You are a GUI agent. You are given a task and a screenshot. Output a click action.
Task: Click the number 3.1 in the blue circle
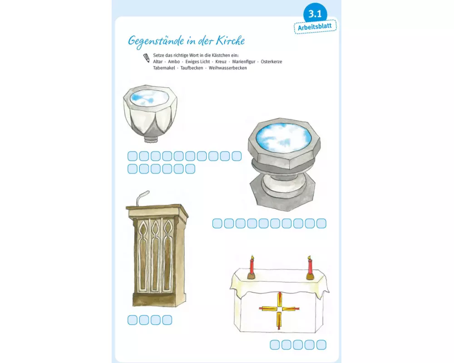click(x=315, y=14)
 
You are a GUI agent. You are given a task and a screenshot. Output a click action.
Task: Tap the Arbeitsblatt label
click(x=315, y=27)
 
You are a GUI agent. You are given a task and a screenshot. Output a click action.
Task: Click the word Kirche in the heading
click(x=231, y=41)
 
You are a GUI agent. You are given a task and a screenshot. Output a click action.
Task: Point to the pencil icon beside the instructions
click(x=147, y=58)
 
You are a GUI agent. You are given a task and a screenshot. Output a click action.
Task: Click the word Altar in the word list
click(x=158, y=62)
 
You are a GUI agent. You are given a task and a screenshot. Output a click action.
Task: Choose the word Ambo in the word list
click(x=174, y=62)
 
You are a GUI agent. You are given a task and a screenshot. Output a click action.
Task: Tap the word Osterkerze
click(x=271, y=62)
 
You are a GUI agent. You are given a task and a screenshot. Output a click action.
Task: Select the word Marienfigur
click(x=243, y=62)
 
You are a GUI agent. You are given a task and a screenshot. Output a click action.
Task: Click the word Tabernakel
click(x=164, y=68)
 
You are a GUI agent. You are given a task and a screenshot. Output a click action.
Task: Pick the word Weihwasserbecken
click(x=227, y=68)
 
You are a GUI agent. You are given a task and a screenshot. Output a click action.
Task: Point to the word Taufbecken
click(x=192, y=68)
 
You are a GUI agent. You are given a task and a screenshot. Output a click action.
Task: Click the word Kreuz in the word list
click(x=221, y=62)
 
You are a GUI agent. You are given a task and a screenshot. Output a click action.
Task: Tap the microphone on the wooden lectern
click(x=143, y=197)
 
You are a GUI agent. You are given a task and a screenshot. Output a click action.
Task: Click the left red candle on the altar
click(x=252, y=267)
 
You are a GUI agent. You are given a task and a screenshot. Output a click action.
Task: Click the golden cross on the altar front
click(x=279, y=309)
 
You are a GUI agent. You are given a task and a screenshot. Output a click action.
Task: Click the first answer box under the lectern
click(x=132, y=320)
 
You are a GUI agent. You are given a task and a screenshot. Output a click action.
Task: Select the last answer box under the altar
click(x=321, y=345)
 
